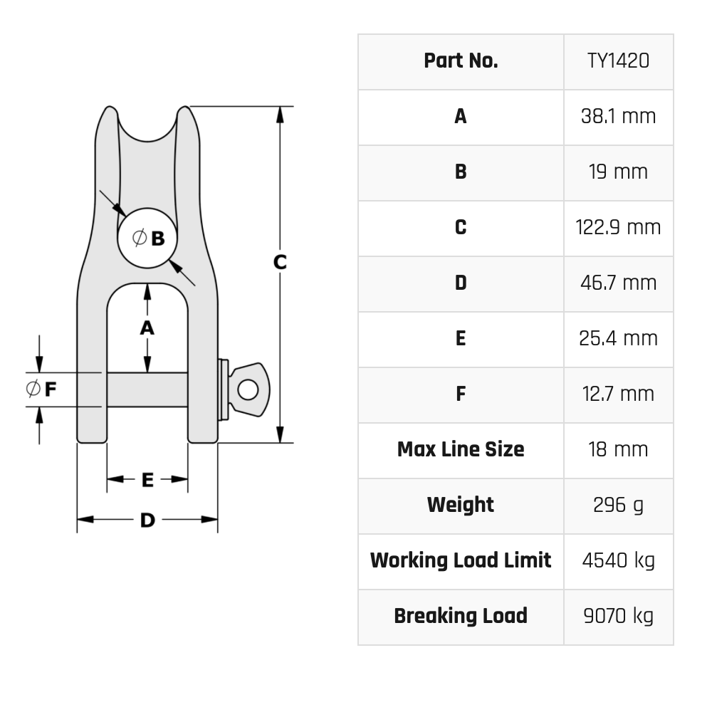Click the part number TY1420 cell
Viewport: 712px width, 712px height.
pyautogui.click(x=618, y=61)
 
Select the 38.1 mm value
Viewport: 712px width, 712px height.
pyautogui.click(x=618, y=116)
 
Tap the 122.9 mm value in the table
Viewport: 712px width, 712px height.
pyautogui.click(x=618, y=227)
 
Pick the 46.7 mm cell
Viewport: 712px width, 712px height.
pyautogui.click(x=618, y=283)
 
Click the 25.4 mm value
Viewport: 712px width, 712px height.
pyautogui.click(x=618, y=338)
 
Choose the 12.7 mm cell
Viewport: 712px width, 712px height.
pyautogui.click(x=618, y=394)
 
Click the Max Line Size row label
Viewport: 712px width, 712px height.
pyautogui.click(x=461, y=449)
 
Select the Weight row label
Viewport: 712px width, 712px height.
pyautogui.click(x=461, y=505)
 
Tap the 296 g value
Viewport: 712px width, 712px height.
pyautogui.click(x=618, y=505)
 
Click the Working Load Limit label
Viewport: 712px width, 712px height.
pyautogui.click(x=461, y=560)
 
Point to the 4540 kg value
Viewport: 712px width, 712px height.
pyautogui.click(x=618, y=560)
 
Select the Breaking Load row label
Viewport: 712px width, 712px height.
pyautogui.click(x=461, y=616)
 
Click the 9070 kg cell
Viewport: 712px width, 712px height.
pyautogui.click(x=618, y=616)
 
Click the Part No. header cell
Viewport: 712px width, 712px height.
pyautogui.click(x=461, y=61)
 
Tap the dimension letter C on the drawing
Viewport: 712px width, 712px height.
pyautogui.click(x=280, y=262)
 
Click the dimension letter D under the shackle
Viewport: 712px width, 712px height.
pyautogui.click(x=147, y=520)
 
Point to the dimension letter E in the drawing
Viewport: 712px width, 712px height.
pyautogui.click(x=147, y=481)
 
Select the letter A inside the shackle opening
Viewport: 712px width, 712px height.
pyautogui.click(x=147, y=328)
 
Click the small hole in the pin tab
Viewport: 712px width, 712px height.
pyautogui.click(x=248, y=389)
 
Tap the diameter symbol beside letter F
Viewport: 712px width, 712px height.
pyautogui.click(x=33, y=389)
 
